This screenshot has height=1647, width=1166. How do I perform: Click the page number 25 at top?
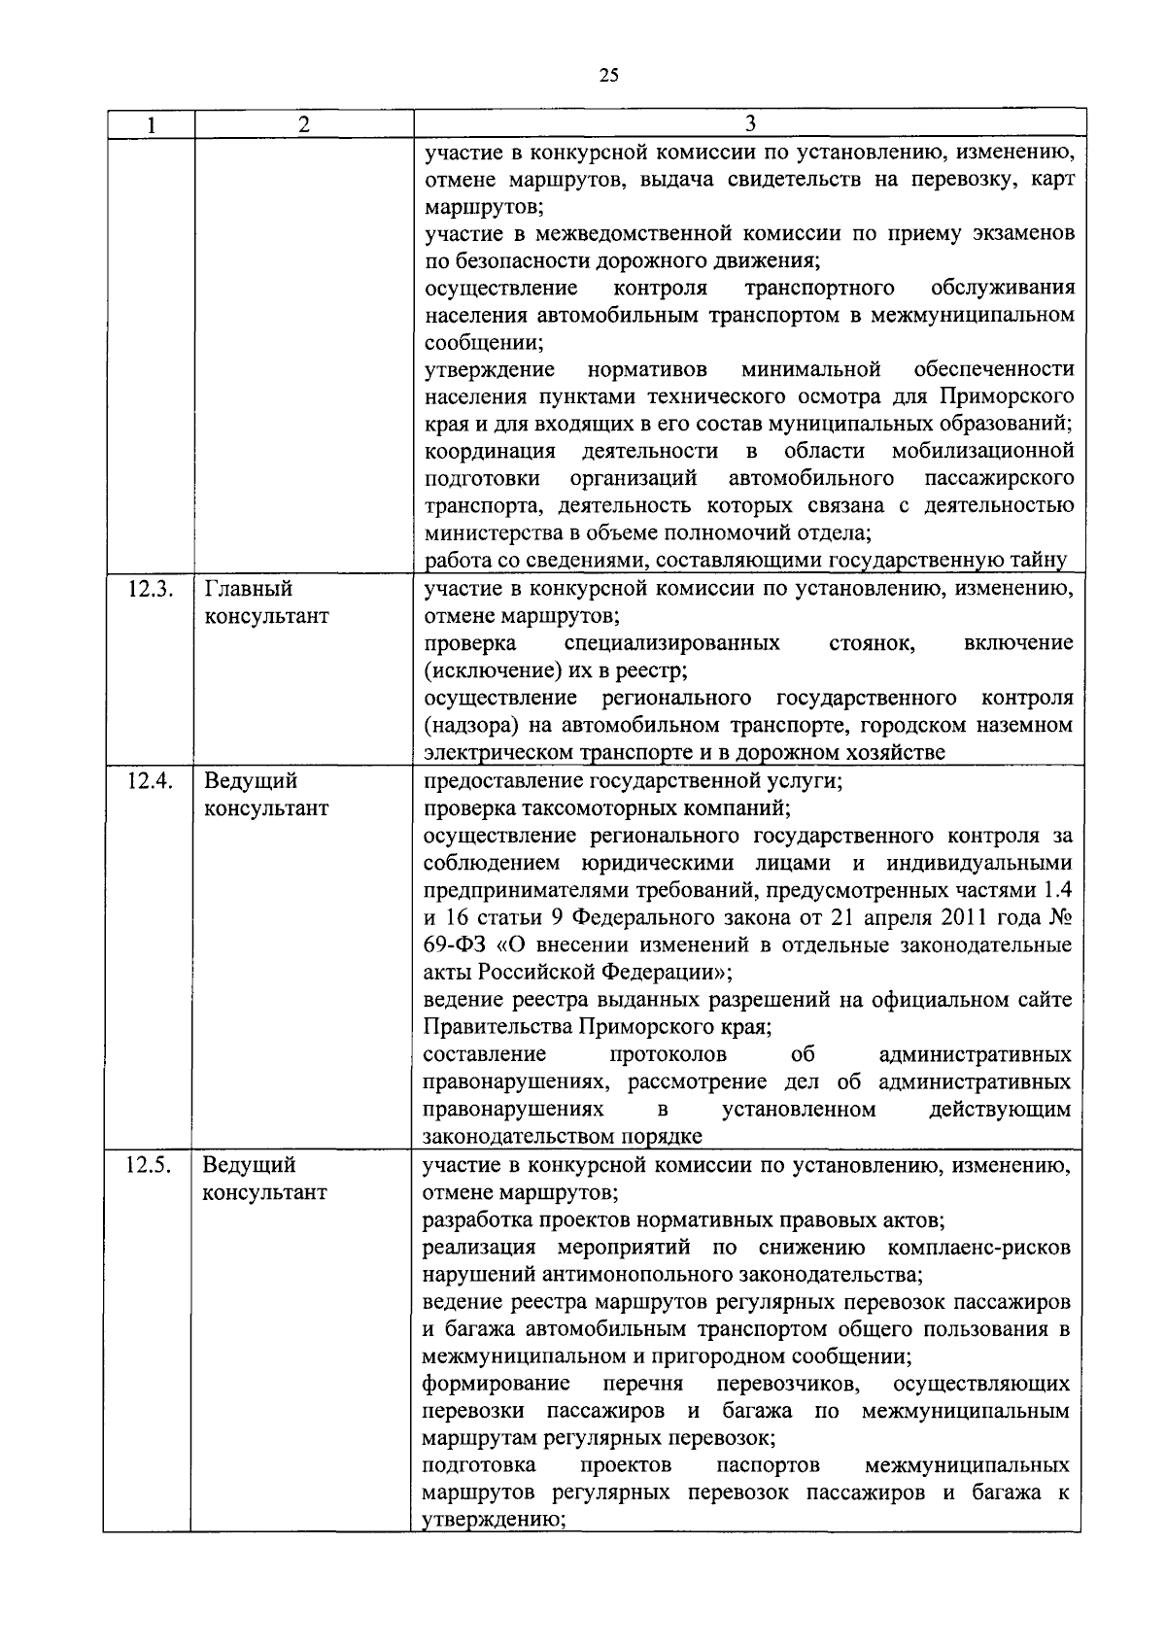pyautogui.click(x=609, y=76)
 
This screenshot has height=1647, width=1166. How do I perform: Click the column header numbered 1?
pyautogui.click(x=151, y=124)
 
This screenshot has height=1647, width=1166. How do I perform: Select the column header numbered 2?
pyautogui.click(x=304, y=124)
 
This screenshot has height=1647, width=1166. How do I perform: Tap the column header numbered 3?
pyautogui.click(x=749, y=123)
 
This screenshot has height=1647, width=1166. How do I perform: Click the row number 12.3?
pyautogui.click(x=150, y=589)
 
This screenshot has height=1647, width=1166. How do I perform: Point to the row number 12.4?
pyautogui.click(x=150, y=781)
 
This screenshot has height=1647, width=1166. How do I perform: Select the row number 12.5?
pyautogui.click(x=150, y=1165)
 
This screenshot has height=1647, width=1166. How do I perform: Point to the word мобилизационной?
pyautogui.click(x=982, y=451)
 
